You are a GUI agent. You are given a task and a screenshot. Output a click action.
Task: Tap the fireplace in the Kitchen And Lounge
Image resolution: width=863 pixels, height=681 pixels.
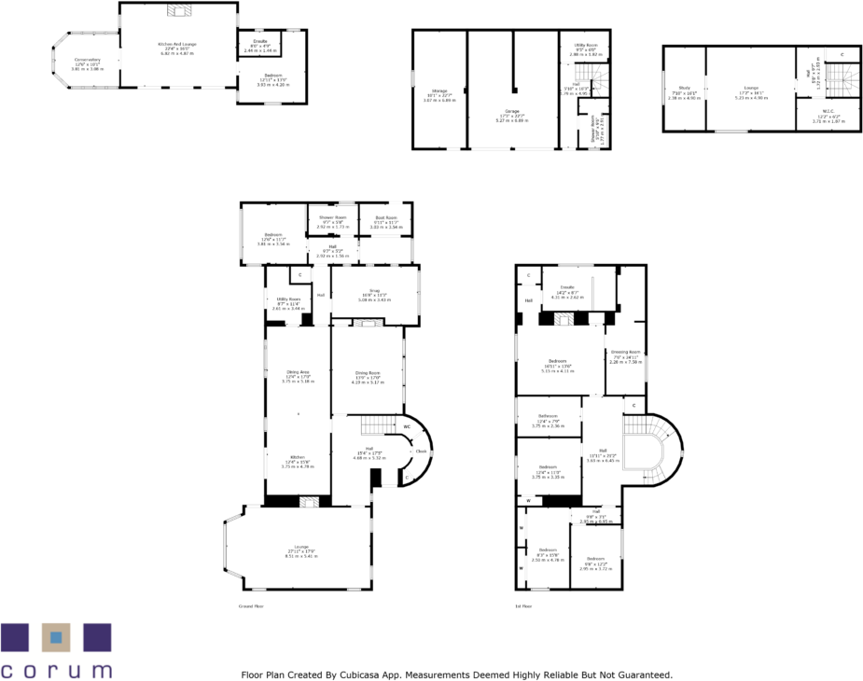pos(177,10)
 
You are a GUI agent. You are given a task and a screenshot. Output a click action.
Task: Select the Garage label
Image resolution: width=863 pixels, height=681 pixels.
pos(512,111)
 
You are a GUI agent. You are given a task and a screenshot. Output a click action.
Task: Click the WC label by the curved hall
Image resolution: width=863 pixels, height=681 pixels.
pos(407,427)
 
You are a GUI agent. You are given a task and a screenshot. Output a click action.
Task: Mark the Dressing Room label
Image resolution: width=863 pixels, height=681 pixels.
pos(624,352)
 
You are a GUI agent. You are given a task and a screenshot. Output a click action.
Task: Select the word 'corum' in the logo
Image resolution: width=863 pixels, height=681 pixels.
pos(56,669)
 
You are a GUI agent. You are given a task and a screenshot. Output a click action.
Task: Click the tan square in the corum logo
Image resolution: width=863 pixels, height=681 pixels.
pos(56,637)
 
